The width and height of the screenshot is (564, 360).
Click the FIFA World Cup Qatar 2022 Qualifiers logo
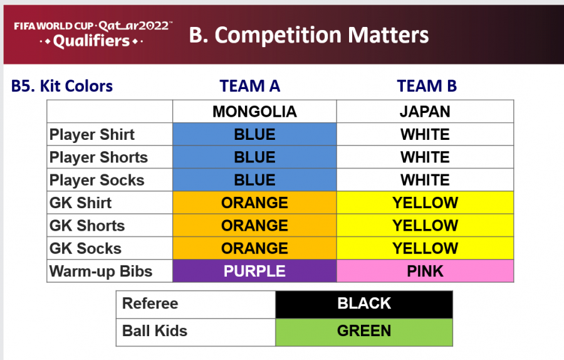(x=93, y=34)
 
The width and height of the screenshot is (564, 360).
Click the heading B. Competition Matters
(x=308, y=35)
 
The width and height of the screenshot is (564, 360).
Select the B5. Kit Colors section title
(x=62, y=86)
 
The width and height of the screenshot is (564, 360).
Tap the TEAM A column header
(x=250, y=86)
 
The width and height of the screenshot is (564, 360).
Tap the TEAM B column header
(x=427, y=86)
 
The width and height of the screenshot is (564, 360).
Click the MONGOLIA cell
(x=254, y=112)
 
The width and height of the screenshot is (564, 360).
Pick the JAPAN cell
(x=425, y=112)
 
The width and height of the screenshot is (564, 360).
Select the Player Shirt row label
(x=91, y=135)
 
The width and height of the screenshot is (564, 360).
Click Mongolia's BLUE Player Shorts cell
(x=254, y=157)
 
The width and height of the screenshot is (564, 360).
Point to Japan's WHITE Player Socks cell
(x=425, y=179)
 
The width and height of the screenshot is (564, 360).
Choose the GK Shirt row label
(x=80, y=203)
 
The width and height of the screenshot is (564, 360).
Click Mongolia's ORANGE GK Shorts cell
(x=254, y=225)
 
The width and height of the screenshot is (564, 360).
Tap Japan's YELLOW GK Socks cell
(x=425, y=248)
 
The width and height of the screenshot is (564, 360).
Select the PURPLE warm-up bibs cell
(x=254, y=271)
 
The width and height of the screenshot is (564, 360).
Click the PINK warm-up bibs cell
(x=425, y=271)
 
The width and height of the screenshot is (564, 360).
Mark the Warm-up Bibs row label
(x=101, y=272)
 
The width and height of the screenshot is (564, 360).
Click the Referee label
(x=150, y=304)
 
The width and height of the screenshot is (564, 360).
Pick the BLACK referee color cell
(x=364, y=305)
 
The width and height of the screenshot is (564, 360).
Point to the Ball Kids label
(x=155, y=331)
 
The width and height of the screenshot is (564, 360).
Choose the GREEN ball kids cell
(x=364, y=332)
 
